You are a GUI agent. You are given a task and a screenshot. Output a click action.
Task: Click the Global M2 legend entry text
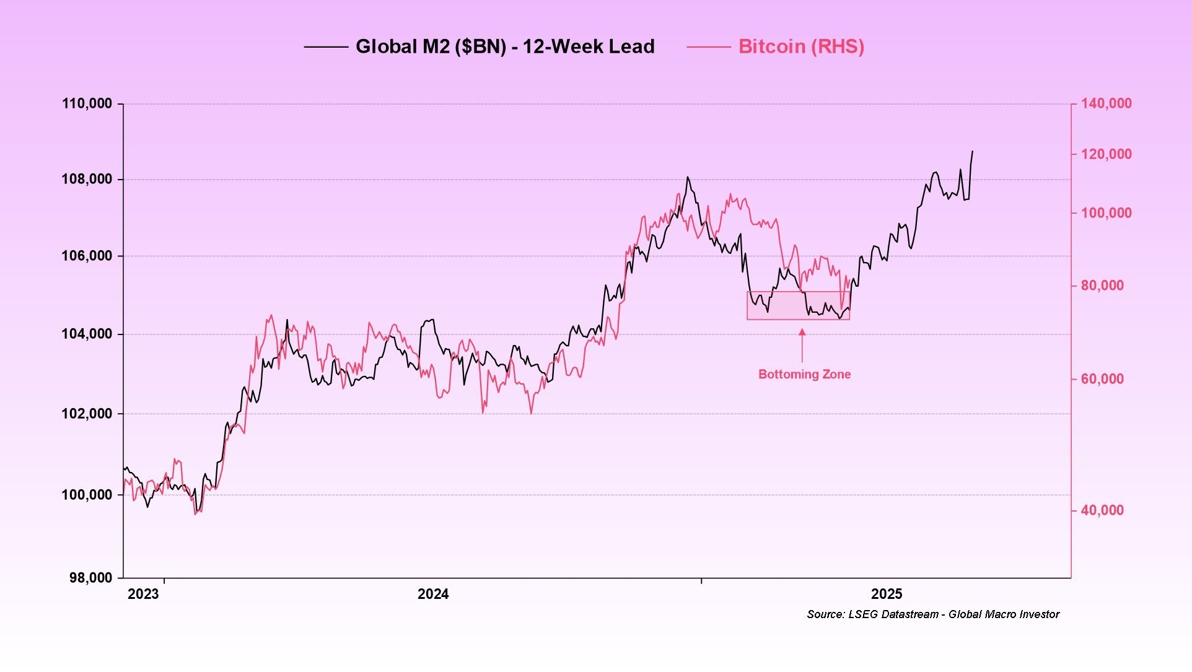pyautogui.click(x=504, y=46)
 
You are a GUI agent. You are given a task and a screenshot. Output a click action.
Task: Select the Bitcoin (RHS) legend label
pyautogui.click(x=800, y=46)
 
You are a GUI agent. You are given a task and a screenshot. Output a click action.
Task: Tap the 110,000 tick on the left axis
pyautogui.click(x=87, y=103)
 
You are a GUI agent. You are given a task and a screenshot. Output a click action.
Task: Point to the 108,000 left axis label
pyautogui.click(x=87, y=180)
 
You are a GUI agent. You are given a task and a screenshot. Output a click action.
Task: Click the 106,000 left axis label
pyautogui.click(x=87, y=256)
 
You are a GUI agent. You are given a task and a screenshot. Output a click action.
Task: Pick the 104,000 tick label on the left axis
pyautogui.click(x=87, y=334)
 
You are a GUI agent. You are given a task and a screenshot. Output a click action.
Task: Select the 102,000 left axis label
pyautogui.click(x=87, y=414)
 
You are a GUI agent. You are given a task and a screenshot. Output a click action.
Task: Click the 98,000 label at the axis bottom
pyautogui.click(x=90, y=578)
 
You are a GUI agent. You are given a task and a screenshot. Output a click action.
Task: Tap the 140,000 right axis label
pyautogui.click(x=1106, y=103)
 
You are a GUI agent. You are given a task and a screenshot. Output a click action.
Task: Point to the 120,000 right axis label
pyautogui.click(x=1106, y=154)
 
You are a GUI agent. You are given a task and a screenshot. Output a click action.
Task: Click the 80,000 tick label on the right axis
pyautogui.click(x=1102, y=286)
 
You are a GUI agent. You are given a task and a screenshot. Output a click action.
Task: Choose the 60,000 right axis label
pyautogui.click(x=1102, y=379)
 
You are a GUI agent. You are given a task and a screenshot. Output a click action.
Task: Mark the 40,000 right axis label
pyautogui.click(x=1102, y=510)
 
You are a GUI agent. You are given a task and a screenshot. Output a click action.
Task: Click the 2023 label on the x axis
pyautogui.click(x=143, y=595)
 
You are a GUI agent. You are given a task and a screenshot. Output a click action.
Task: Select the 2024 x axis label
pyautogui.click(x=433, y=595)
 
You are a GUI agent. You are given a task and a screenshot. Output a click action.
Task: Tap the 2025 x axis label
pyautogui.click(x=887, y=595)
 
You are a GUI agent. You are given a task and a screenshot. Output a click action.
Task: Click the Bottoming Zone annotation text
pyautogui.click(x=804, y=374)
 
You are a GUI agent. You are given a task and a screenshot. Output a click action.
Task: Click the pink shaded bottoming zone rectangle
pyautogui.click(x=798, y=305)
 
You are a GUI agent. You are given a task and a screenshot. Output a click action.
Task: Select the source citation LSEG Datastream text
pyautogui.click(x=933, y=614)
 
